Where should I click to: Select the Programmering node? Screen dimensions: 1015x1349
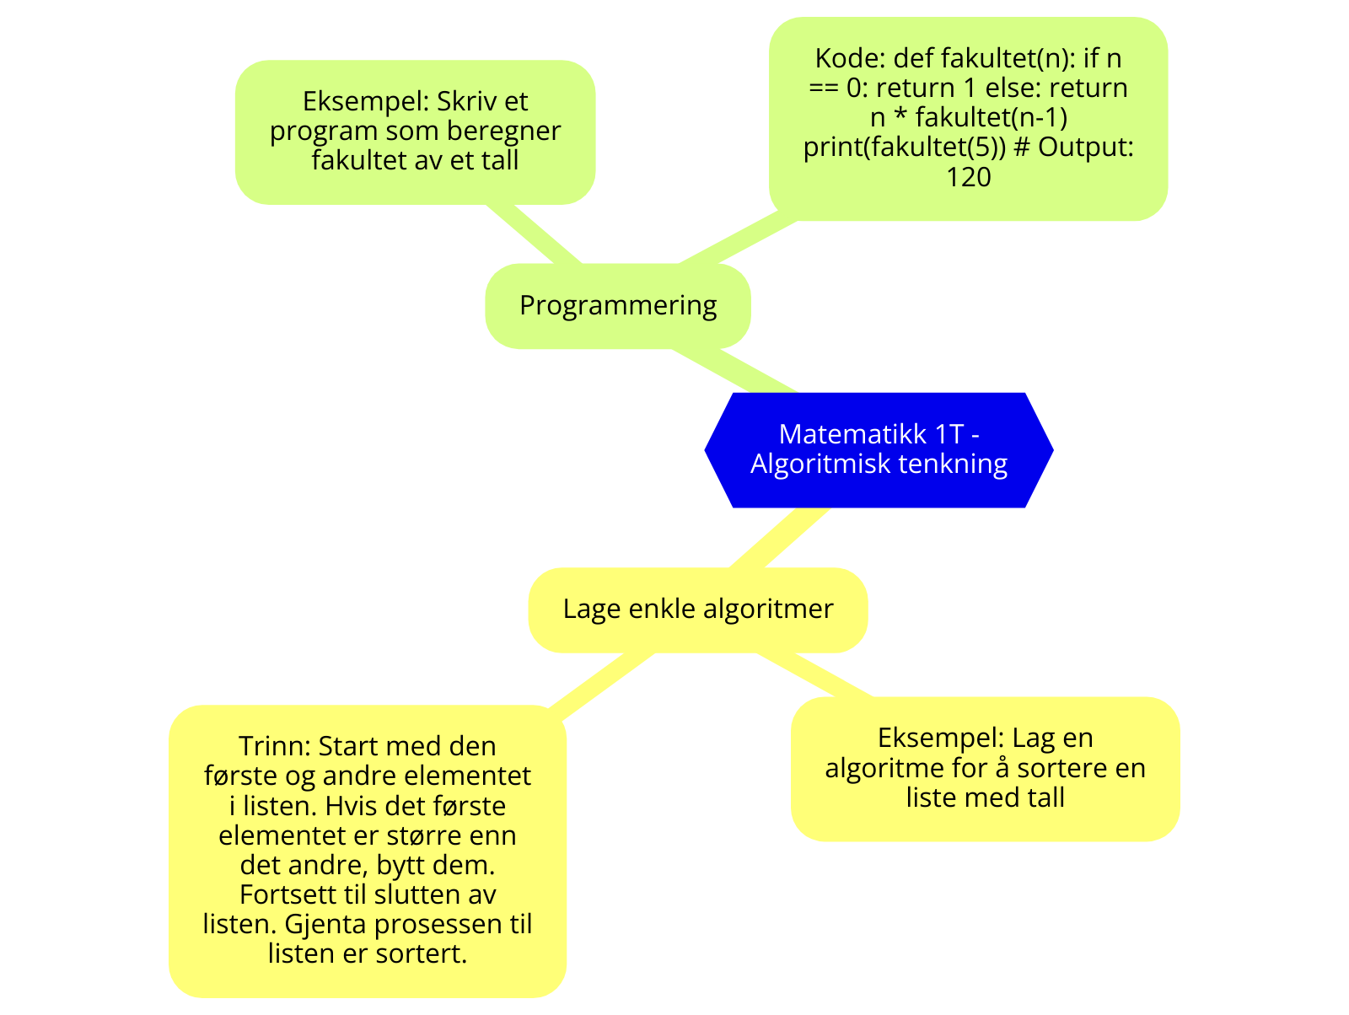coord(618,305)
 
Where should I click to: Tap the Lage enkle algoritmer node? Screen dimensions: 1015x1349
coord(698,609)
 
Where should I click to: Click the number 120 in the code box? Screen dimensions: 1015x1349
coord(968,177)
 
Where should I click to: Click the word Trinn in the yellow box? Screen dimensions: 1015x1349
coord(274,746)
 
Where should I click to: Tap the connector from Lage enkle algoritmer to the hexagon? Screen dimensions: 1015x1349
coord(777,537)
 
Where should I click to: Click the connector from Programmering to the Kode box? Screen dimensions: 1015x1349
coord(738,242)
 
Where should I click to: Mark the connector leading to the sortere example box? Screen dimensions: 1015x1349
coord(814,674)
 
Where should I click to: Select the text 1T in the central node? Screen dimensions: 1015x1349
coord(949,433)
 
